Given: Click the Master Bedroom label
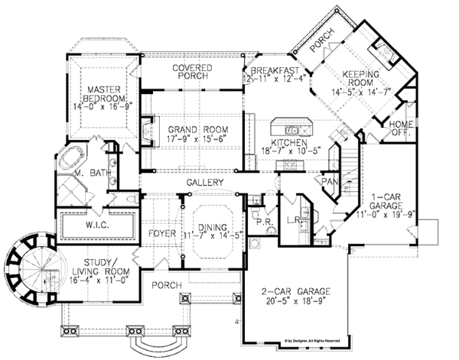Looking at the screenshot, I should (105, 93).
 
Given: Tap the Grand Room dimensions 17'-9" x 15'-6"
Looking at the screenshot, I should (193, 138).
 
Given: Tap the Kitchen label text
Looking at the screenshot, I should (288, 143).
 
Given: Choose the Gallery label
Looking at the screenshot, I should (204, 183).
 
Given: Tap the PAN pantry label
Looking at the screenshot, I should (330, 182).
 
